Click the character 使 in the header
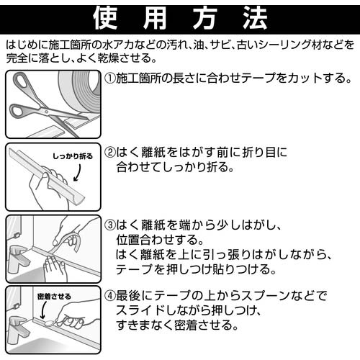point(105,19)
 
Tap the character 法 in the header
point(255,19)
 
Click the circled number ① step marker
point(110,78)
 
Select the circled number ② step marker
point(110,153)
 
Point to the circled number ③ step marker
point(110,225)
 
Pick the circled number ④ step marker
point(110,296)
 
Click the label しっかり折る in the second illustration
point(73,156)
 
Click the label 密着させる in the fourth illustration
point(54,297)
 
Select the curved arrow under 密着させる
point(42,310)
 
